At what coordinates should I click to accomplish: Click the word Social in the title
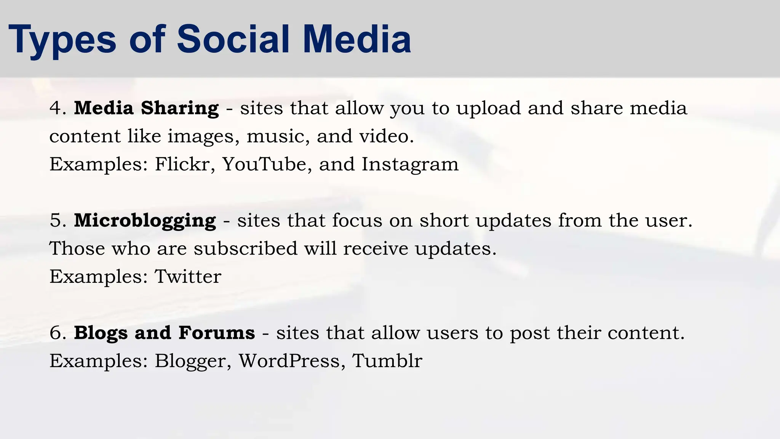[x=233, y=39]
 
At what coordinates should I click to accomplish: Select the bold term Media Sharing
[x=146, y=108]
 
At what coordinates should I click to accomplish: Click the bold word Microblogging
[x=145, y=221]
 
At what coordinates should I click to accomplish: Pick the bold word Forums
[x=216, y=333]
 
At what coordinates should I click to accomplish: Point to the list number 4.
[x=56, y=108]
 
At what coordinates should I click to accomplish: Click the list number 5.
[x=56, y=221]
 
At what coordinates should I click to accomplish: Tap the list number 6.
[x=56, y=333]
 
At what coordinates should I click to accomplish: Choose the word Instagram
[x=410, y=164]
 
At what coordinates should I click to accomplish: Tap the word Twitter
[x=188, y=277]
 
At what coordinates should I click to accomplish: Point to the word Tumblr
[x=387, y=361]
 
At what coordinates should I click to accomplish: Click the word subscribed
[x=245, y=249]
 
